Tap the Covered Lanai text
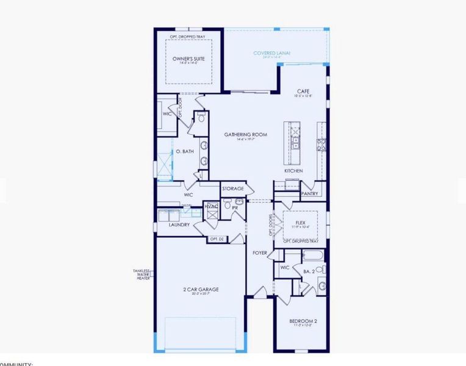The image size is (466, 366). point(271,54)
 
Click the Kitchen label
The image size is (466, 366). point(293,171)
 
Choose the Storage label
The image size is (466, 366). point(232,189)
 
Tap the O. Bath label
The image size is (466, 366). point(185,151)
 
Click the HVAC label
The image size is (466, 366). point(211,207)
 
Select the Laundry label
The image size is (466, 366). point(179,224)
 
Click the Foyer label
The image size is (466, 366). point(260,252)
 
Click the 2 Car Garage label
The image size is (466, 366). point(200,289)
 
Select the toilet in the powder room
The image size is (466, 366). point(227,207)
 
